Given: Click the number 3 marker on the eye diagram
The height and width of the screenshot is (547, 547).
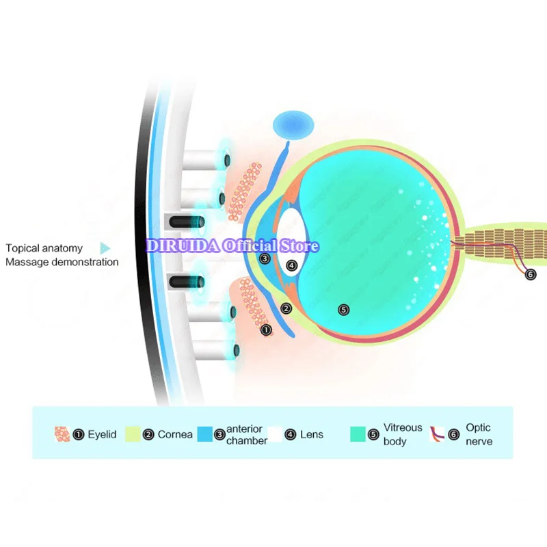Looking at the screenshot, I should pyautogui.click(x=265, y=258).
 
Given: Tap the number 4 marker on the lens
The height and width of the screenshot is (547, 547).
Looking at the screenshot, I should pyautogui.click(x=292, y=265).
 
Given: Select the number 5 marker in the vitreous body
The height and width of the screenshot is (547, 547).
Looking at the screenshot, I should pyautogui.click(x=344, y=310).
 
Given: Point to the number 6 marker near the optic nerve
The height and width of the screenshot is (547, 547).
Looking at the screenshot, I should pyautogui.click(x=531, y=274).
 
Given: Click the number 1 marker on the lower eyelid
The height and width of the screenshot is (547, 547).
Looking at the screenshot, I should pyautogui.click(x=267, y=330).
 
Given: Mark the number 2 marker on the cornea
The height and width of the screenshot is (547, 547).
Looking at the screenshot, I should pyautogui.click(x=286, y=308).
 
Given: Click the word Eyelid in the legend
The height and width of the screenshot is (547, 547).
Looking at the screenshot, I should pyautogui.click(x=103, y=434).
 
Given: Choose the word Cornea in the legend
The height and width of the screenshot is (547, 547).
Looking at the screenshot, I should pyautogui.click(x=175, y=434).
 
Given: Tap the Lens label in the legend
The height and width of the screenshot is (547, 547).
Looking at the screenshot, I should pyautogui.click(x=312, y=434).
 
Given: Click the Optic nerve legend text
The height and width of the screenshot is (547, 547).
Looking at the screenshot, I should pyautogui.click(x=479, y=434).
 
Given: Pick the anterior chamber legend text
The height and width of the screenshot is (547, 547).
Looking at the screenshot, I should pyautogui.click(x=246, y=435).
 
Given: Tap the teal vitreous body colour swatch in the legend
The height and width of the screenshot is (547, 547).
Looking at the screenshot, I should pyautogui.click(x=358, y=434).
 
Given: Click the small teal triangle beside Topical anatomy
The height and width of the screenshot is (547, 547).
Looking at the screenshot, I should pyautogui.click(x=105, y=248).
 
